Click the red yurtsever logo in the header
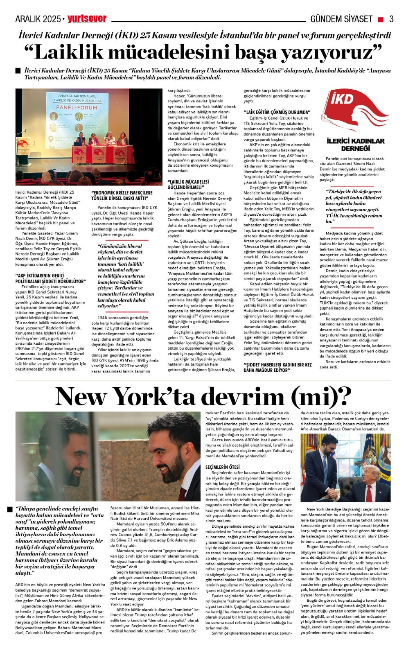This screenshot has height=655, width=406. (87, 19)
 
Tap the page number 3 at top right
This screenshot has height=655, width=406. (391, 19)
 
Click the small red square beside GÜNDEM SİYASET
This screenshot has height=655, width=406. (381, 19)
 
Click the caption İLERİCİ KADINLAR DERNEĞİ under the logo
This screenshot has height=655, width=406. (355, 144)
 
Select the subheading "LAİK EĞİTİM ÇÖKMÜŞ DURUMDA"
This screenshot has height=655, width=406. (277, 112)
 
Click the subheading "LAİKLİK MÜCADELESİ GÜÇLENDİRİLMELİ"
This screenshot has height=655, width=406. (189, 184)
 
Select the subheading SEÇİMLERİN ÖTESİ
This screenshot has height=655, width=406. (223, 467)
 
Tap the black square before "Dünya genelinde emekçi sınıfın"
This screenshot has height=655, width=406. (10, 509)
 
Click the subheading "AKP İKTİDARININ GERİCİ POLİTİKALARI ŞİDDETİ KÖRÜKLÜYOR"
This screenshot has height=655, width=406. (50, 279)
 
